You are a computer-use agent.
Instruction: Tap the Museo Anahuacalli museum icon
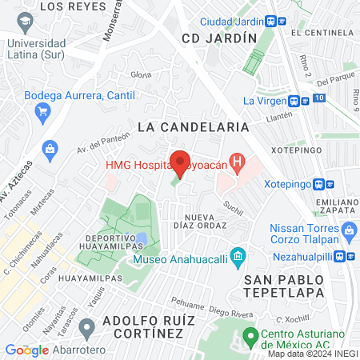tap(237, 258)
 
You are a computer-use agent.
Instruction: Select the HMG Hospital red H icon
tap(237, 165)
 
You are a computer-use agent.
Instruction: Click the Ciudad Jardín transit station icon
tap(273, 22)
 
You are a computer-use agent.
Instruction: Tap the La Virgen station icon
tap(295, 102)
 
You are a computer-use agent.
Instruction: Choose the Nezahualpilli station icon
tap(349, 256)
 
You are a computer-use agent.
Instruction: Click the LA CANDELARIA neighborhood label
tap(193, 126)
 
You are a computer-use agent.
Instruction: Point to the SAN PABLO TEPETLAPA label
tap(289, 286)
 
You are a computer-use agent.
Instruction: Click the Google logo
tap(27, 350)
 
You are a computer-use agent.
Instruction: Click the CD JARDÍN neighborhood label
tap(219, 38)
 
